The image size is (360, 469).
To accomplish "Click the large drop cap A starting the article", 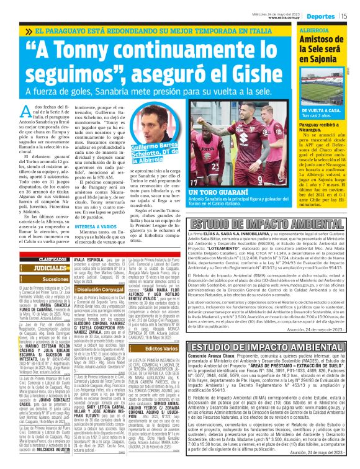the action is tap(27, 114).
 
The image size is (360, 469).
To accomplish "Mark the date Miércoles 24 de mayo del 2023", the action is tap(285, 14).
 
